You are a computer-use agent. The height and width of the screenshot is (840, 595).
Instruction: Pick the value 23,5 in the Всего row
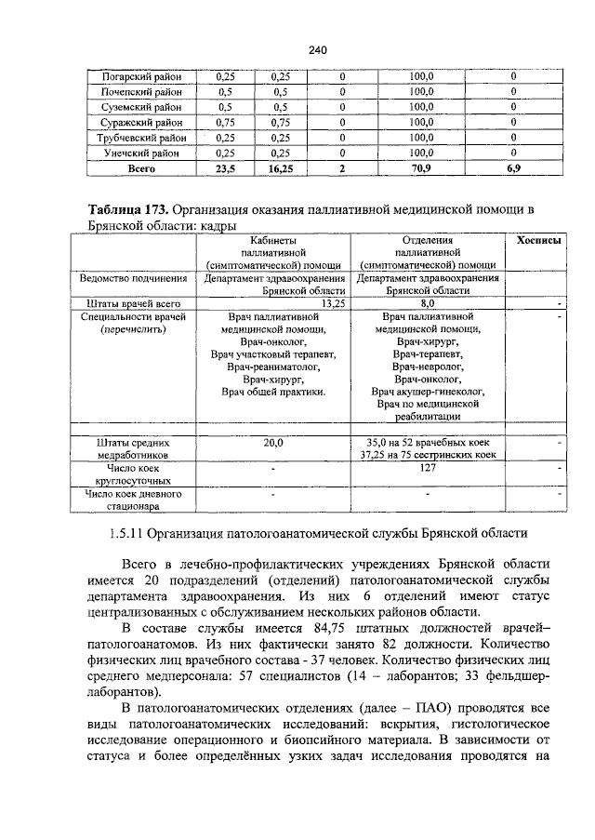point(225,169)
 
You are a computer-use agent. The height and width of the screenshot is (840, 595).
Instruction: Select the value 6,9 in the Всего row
point(513,169)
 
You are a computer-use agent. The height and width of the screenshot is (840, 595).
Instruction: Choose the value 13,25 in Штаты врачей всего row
point(332,303)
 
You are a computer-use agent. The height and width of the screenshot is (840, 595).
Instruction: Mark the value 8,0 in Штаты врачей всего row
point(428,303)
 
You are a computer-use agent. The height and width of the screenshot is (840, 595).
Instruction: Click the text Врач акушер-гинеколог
point(428,392)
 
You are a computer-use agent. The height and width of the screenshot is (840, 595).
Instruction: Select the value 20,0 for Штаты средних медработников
point(272,444)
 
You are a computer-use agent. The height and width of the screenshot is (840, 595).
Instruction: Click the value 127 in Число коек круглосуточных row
point(428,469)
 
